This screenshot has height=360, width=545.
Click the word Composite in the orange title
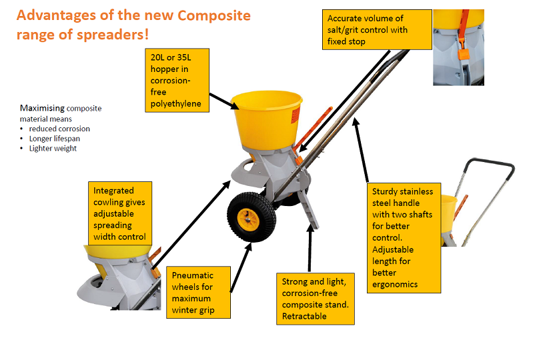click(213, 15)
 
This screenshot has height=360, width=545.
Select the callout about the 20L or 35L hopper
click(177, 80)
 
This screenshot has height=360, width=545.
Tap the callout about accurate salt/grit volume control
click(377, 29)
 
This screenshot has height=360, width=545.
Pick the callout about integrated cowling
click(120, 213)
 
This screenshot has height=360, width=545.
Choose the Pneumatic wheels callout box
click(198, 292)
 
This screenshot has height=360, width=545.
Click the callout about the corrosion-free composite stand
click(316, 299)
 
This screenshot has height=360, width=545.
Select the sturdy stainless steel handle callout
click(404, 238)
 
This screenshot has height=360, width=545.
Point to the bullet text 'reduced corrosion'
click(59, 129)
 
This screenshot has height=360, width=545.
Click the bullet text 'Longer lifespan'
click(55, 139)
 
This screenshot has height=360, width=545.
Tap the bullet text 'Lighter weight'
click(53, 149)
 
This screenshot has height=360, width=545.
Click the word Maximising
click(42, 108)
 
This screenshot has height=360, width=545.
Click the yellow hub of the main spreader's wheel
click(248, 219)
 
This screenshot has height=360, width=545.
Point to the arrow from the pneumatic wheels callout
click(241, 267)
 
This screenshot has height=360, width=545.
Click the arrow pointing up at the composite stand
click(310, 248)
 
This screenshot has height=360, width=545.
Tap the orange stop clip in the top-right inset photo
click(463, 54)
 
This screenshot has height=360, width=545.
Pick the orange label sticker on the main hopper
click(296, 115)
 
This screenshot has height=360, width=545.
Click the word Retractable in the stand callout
click(304, 316)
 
